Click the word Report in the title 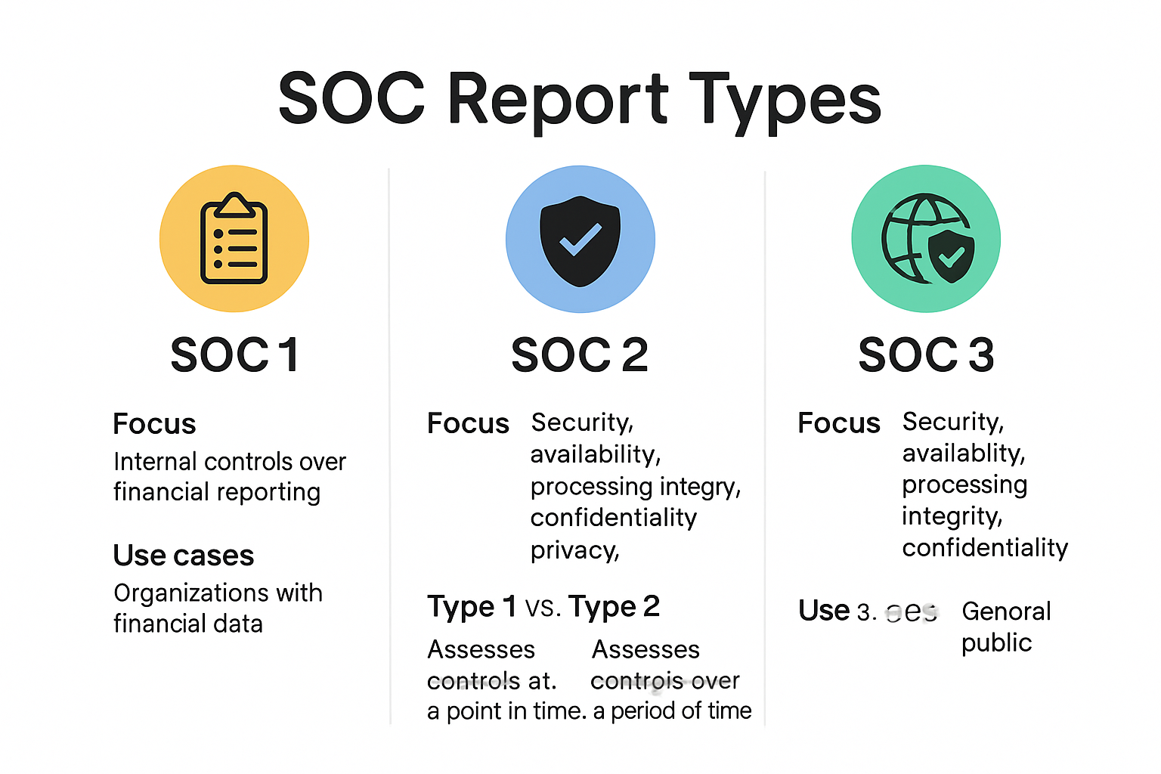[x=558, y=100]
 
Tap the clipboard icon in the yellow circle [x=234, y=240]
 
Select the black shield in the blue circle [x=580, y=240]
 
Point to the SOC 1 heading [x=234, y=354]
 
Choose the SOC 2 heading [x=580, y=354]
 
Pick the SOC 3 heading [x=926, y=354]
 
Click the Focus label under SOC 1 [x=154, y=424]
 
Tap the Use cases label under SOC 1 [x=184, y=556]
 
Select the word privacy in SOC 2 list [x=574, y=550]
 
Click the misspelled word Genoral [x=1006, y=611]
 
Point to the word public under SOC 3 [x=996, y=642]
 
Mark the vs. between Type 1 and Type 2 [x=543, y=608]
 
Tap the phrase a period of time [x=673, y=711]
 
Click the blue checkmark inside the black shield [x=580, y=240]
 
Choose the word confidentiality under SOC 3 [x=985, y=547]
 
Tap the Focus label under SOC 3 [x=839, y=423]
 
